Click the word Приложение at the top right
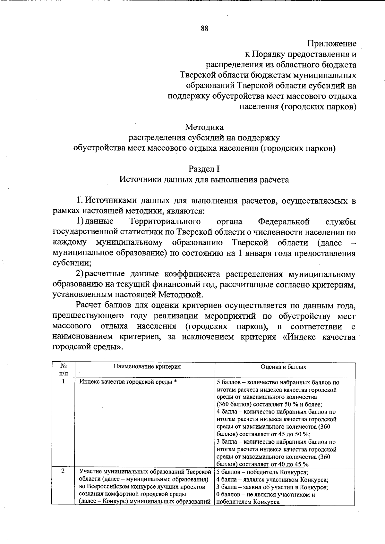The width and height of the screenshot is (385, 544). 332,43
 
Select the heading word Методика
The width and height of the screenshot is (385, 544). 204,127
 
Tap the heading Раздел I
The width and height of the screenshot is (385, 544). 204,169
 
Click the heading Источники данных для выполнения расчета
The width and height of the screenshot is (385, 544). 204,180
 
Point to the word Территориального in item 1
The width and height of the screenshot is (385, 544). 165,222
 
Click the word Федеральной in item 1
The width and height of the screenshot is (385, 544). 284,222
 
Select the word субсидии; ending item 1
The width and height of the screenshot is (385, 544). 72,264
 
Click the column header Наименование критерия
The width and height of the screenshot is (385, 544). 147,367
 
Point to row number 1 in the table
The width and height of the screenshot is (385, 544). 63,381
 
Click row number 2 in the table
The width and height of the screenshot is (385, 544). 63,471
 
